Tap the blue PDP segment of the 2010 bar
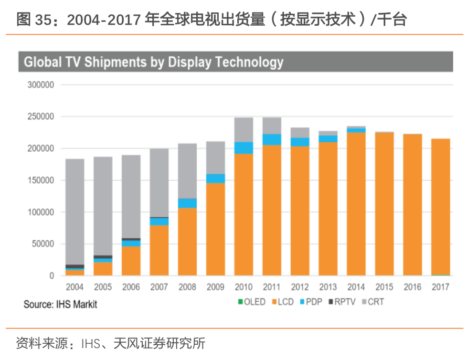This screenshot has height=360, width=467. (x=244, y=148)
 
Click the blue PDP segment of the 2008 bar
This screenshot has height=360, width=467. (x=187, y=203)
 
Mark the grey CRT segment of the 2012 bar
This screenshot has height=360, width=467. (x=300, y=133)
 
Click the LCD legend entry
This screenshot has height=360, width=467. (x=284, y=302)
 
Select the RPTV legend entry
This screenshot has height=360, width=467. (x=343, y=302)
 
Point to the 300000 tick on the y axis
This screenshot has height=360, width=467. (x=41, y=85)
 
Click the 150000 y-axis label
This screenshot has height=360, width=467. (x=41, y=180)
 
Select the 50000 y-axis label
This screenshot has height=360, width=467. (x=43, y=244)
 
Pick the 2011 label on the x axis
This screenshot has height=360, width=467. (x=272, y=287)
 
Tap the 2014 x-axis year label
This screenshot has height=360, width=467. (x=356, y=287)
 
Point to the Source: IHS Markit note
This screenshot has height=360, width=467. (x=60, y=304)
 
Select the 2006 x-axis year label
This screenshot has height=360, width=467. (x=131, y=287)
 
